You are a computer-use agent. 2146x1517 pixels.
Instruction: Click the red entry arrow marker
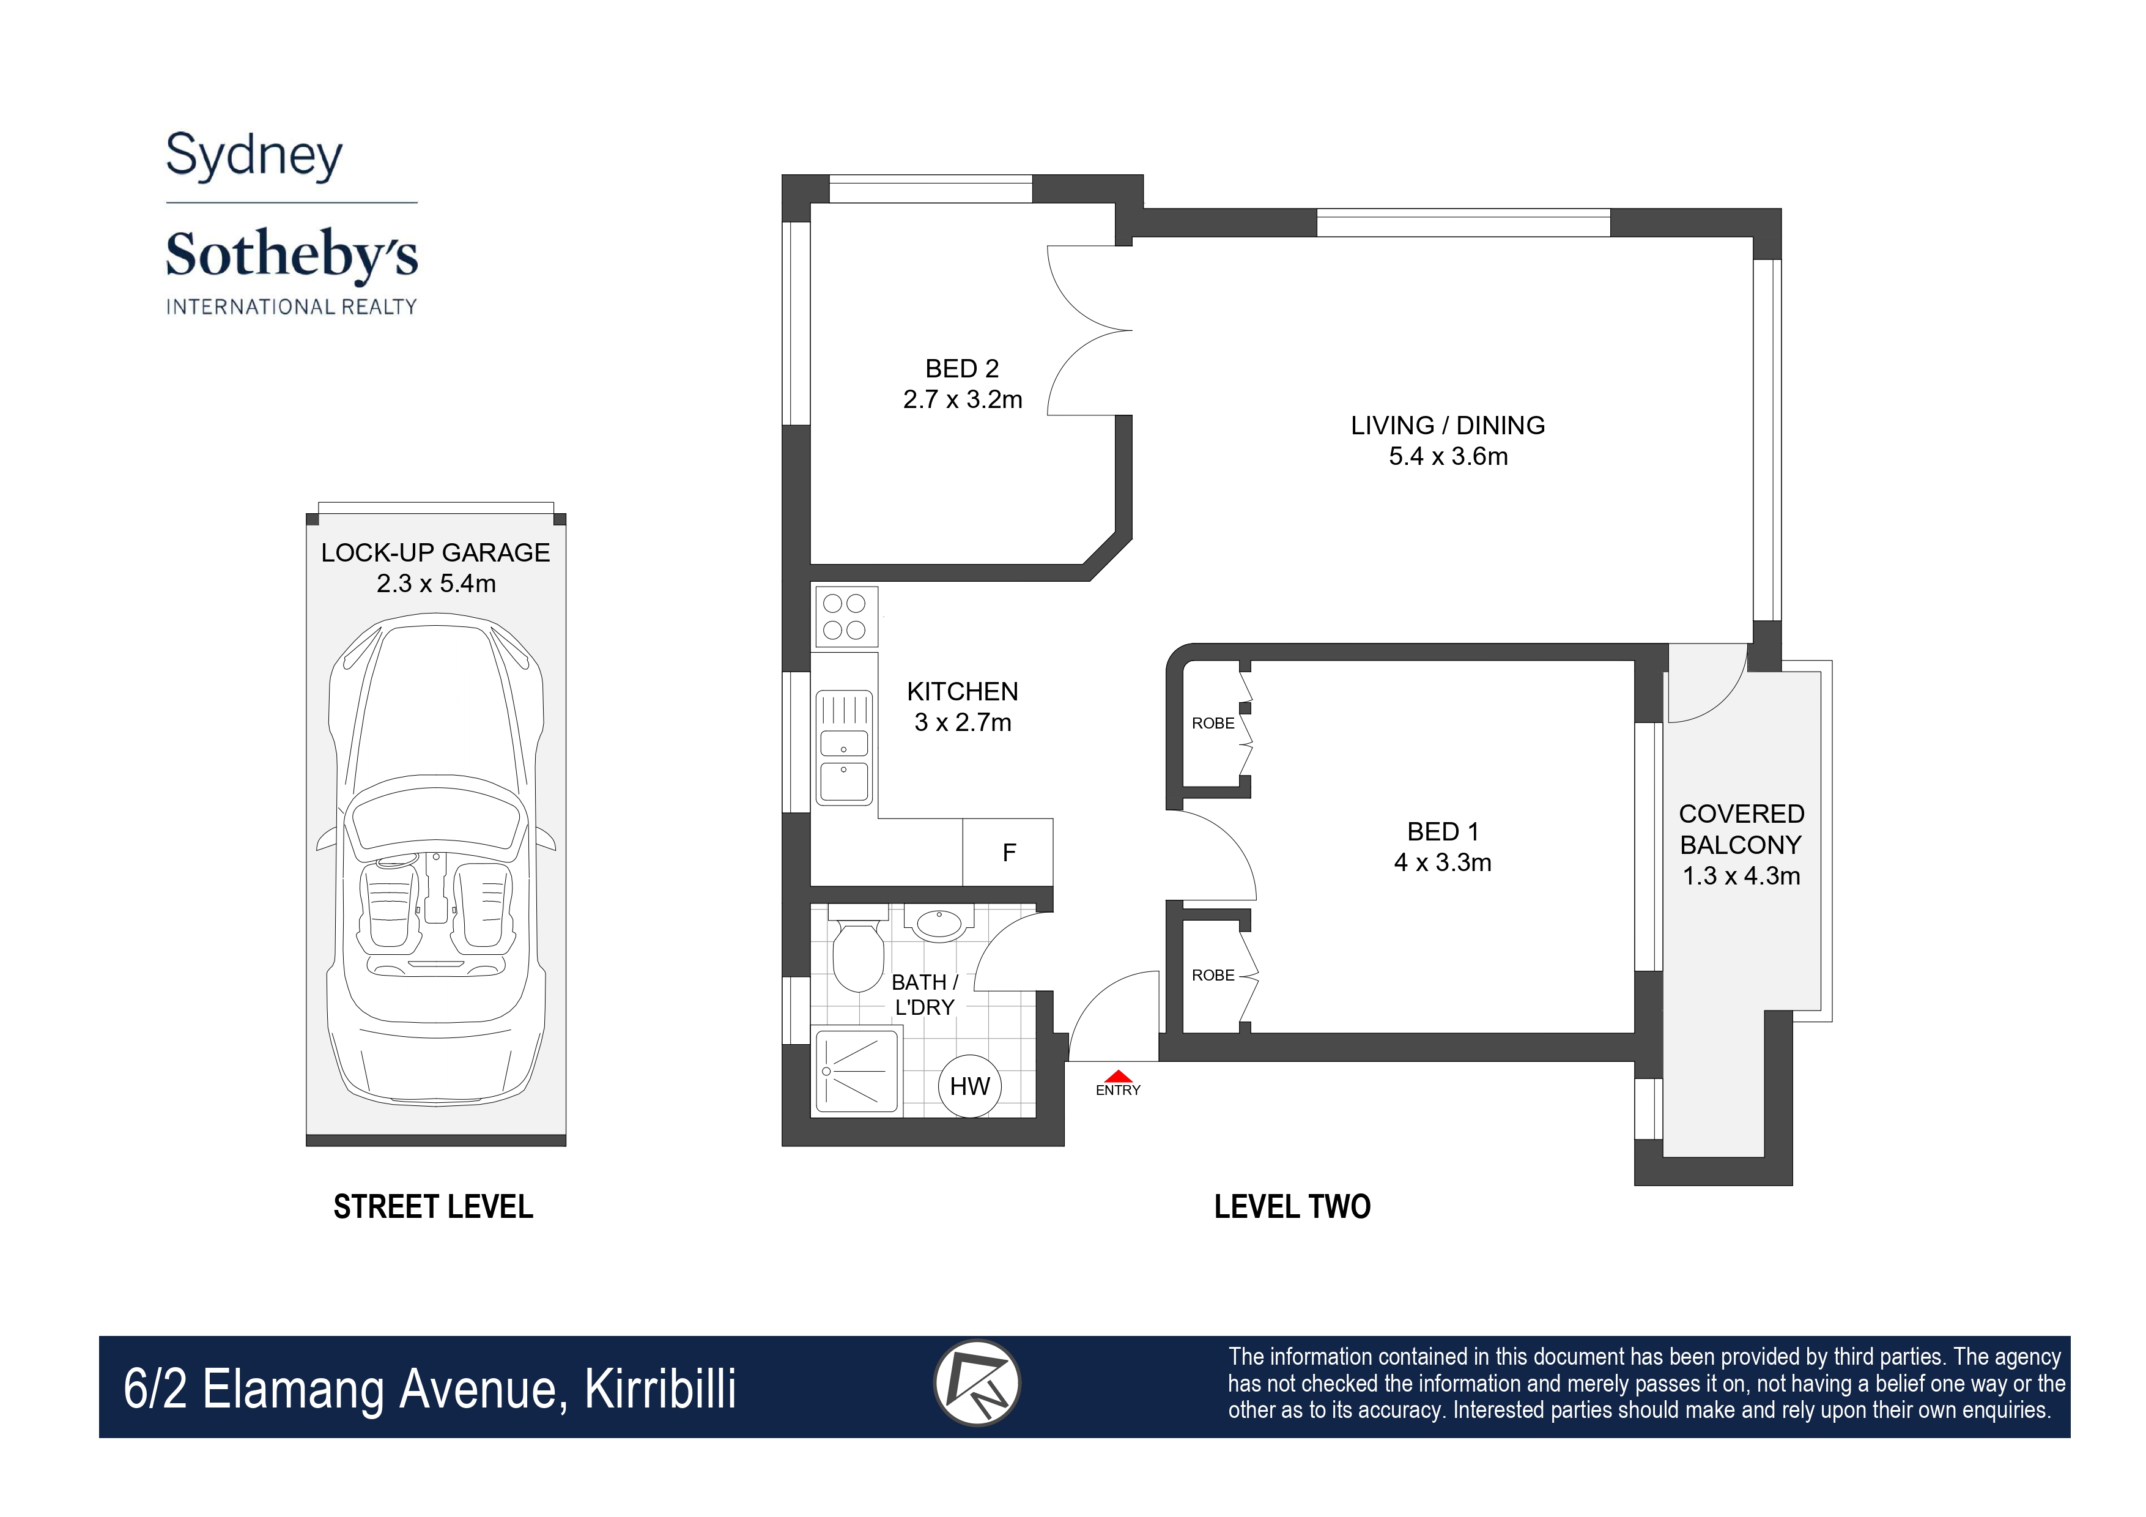click(x=1119, y=1077)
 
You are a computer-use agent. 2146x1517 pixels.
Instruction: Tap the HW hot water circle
click(x=969, y=1086)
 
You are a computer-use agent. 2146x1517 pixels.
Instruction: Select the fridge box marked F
click(x=1008, y=853)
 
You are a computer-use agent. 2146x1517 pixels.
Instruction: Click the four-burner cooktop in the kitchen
click(x=846, y=617)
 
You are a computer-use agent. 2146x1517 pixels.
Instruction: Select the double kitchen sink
click(x=845, y=747)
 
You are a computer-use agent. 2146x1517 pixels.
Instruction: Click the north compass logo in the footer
click(x=977, y=1383)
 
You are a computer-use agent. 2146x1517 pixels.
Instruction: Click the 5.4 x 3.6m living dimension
click(x=1448, y=456)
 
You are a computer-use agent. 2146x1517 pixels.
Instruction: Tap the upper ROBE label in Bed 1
click(x=1213, y=724)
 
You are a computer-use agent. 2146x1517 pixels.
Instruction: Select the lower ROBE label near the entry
click(x=1213, y=975)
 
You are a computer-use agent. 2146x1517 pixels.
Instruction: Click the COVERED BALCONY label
click(x=1741, y=829)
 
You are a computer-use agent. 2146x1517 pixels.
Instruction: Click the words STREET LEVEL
click(x=434, y=1207)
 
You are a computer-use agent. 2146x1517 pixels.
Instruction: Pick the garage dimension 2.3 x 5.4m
click(x=435, y=583)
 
